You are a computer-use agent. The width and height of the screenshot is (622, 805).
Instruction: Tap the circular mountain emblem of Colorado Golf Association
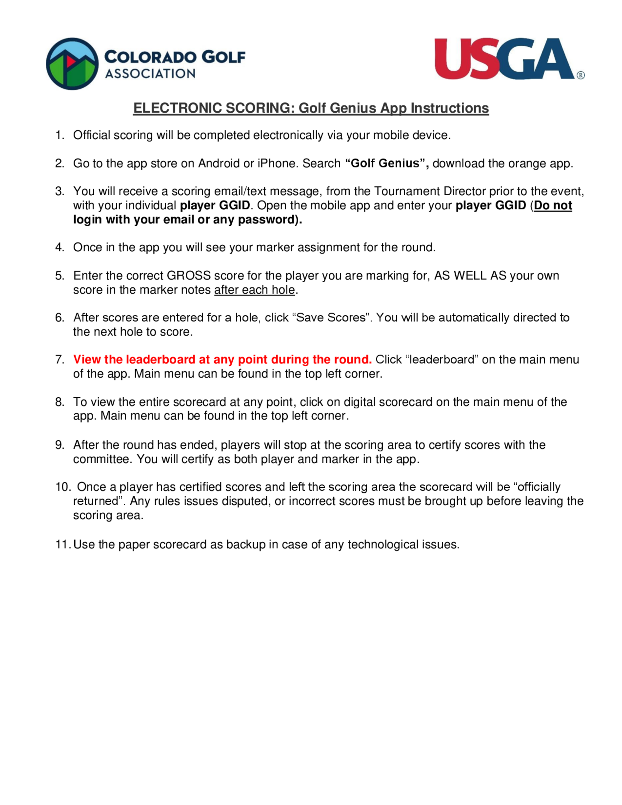(x=72, y=64)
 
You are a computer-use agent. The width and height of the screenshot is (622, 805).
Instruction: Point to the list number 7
(x=60, y=359)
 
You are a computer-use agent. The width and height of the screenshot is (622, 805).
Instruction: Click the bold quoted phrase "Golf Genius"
(x=387, y=163)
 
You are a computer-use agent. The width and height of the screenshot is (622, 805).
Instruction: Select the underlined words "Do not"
(x=553, y=205)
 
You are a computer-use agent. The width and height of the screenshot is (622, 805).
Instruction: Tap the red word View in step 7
(x=87, y=359)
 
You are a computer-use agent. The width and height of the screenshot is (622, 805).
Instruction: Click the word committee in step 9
(x=101, y=459)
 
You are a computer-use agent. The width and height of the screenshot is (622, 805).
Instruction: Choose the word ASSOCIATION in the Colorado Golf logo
(x=150, y=74)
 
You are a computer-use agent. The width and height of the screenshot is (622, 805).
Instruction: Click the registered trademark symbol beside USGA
(x=580, y=76)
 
